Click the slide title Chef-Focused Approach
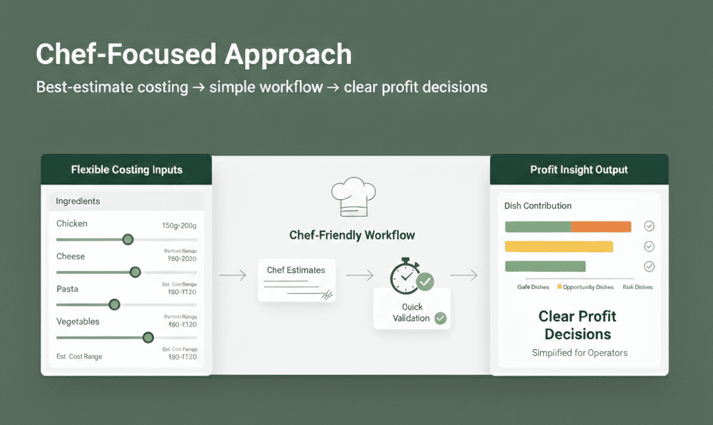194,54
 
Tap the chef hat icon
353,198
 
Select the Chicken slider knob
127,239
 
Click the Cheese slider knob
135,272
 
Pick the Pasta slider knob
114,304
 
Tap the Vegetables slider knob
148,337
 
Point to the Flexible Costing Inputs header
127,169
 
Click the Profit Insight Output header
579,169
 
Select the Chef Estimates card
297,280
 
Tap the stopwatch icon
405,276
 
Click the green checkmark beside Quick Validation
440,318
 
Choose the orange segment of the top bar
601,226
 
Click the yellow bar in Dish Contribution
558,247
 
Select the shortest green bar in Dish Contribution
545,266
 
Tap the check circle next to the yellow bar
649,247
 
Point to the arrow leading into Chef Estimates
233,276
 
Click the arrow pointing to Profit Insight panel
464,276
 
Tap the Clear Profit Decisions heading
578,325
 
